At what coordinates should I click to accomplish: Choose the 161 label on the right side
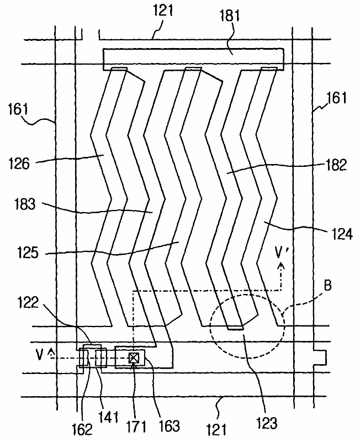336,98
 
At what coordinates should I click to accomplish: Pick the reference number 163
169,425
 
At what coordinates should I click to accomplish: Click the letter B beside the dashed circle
327,286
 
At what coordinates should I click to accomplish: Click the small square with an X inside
134,358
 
